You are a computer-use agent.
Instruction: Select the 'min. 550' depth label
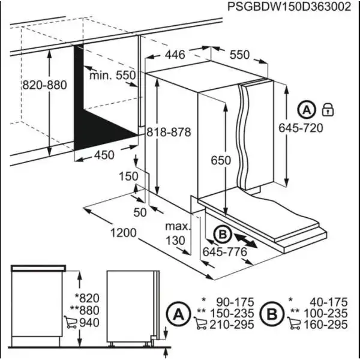pos(113,76)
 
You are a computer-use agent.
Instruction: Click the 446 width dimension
pos(175,55)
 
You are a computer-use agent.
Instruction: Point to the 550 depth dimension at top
pos(238,55)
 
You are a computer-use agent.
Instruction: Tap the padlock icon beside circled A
pos(328,110)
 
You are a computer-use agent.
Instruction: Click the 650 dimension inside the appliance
pos(221,161)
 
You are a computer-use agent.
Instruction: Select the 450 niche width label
pos(103,155)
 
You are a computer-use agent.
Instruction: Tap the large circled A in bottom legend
pos(178,313)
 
